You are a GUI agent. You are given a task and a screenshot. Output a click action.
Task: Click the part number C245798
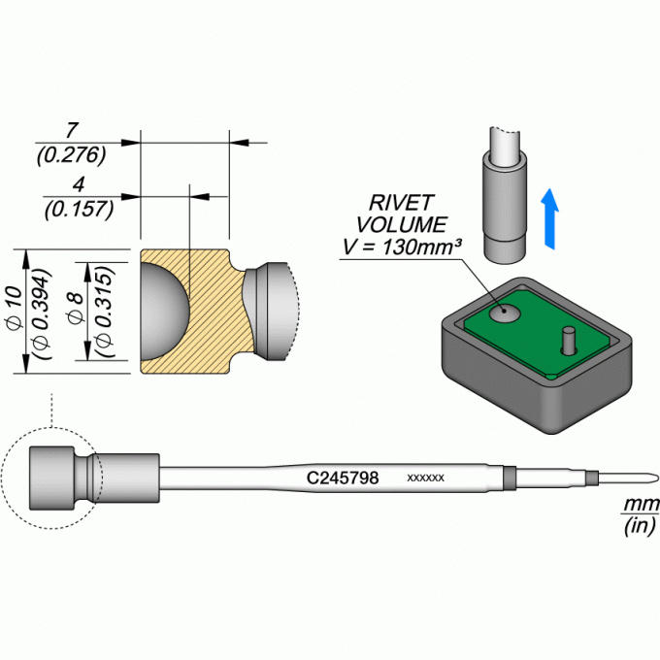tap(343, 478)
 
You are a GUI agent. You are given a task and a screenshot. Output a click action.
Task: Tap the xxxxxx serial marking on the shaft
tap(425, 478)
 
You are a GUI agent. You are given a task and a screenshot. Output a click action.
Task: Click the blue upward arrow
tap(549, 219)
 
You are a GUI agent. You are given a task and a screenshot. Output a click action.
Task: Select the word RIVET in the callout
tap(400, 203)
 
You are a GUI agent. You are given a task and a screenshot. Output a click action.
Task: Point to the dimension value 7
tap(71, 130)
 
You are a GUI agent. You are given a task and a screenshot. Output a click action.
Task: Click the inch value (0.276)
tap(71, 155)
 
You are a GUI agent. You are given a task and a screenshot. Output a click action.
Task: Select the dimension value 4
tap(79, 184)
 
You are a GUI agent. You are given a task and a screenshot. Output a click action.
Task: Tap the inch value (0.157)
tap(80, 210)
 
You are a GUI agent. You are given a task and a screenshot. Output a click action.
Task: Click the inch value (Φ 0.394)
tap(41, 313)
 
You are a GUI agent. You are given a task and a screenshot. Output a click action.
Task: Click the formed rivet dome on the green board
tap(505, 313)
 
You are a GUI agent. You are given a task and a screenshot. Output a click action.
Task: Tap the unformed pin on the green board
tap(569, 340)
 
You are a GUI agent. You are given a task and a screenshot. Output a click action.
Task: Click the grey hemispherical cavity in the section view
tap(162, 312)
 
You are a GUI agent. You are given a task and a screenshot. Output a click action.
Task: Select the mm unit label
tap(641, 504)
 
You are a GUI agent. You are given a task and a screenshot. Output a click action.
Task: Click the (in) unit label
tap(640, 525)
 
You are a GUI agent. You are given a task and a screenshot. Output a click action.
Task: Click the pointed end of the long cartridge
tap(658, 478)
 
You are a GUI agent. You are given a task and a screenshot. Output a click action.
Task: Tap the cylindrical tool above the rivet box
tap(505, 195)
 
